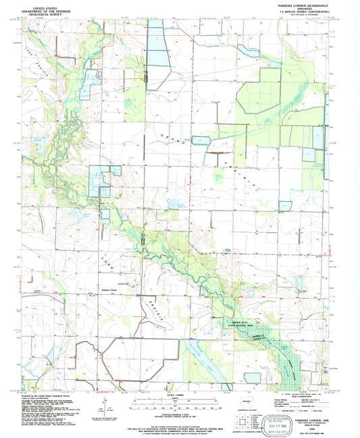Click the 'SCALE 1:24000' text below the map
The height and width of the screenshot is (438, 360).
(x=180, y=395)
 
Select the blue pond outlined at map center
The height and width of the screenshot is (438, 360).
(x=201, y=141)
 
